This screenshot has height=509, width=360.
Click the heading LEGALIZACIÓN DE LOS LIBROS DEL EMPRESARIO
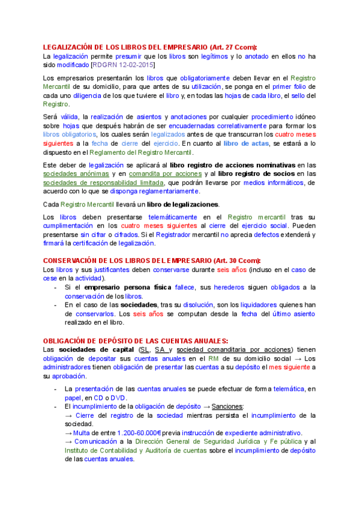[x=149, y=47]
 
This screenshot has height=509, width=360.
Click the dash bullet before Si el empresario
[x=56, y=288]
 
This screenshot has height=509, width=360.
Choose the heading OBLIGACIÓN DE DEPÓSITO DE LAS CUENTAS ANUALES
[x=135, y=341]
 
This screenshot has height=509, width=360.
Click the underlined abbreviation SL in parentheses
[x=143, y=350]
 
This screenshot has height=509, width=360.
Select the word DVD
[x=118, y=397]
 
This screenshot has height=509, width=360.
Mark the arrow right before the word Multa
[x=68, y=433]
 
